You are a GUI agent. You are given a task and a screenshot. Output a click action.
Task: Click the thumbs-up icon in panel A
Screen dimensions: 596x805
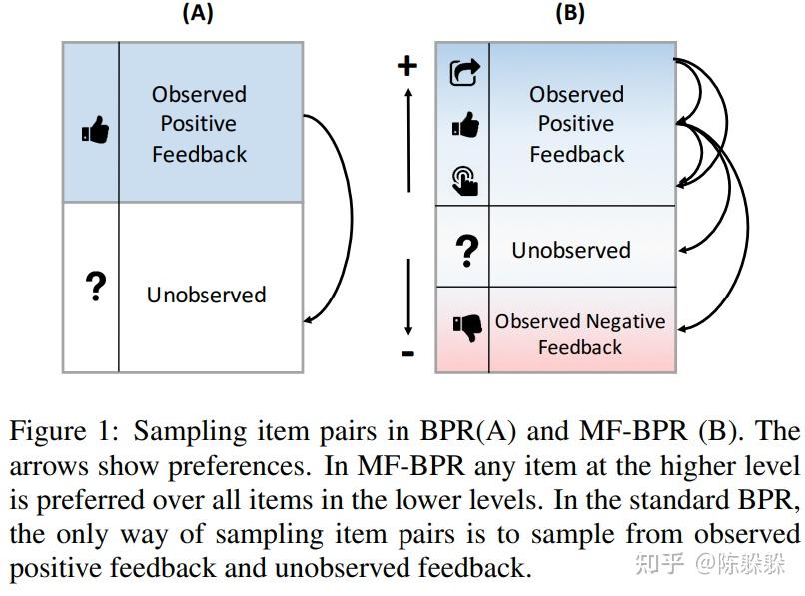[x=95, y=130]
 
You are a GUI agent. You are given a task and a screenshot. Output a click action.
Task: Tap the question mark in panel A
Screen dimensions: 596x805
[x=95, y=287]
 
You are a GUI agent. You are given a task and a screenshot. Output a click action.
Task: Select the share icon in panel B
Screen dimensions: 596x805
[x=465, y=73]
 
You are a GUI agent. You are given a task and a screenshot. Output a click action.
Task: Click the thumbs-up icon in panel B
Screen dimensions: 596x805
[x=465, y=126]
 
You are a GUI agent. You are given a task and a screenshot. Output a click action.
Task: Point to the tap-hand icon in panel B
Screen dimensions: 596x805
[x=465, y=180]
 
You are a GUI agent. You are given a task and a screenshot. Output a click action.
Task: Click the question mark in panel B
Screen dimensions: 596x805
[x=466, y=249]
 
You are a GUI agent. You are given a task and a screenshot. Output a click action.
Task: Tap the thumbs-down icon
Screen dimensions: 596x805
[x=465, y=327]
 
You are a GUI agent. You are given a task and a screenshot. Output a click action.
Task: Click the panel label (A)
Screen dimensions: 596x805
[x=197, y=13]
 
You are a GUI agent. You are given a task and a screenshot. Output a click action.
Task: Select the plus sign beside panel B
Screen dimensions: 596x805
[x=406, y=66]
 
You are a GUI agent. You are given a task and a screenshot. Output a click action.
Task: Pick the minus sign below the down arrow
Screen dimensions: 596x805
[x=407, y=353]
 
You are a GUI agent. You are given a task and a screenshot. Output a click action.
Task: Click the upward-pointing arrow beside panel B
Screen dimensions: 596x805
[x=408, y=140]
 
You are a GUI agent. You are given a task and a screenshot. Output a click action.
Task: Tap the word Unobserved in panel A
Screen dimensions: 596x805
[x=206, y=295]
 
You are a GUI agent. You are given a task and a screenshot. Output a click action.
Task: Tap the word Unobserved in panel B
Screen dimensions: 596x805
[x=571, y=250]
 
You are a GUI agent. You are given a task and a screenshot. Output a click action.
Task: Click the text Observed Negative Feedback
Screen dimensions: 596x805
[x=579, y=334]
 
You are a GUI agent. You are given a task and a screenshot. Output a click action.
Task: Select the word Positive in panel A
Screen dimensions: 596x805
[x=199, y=124]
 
